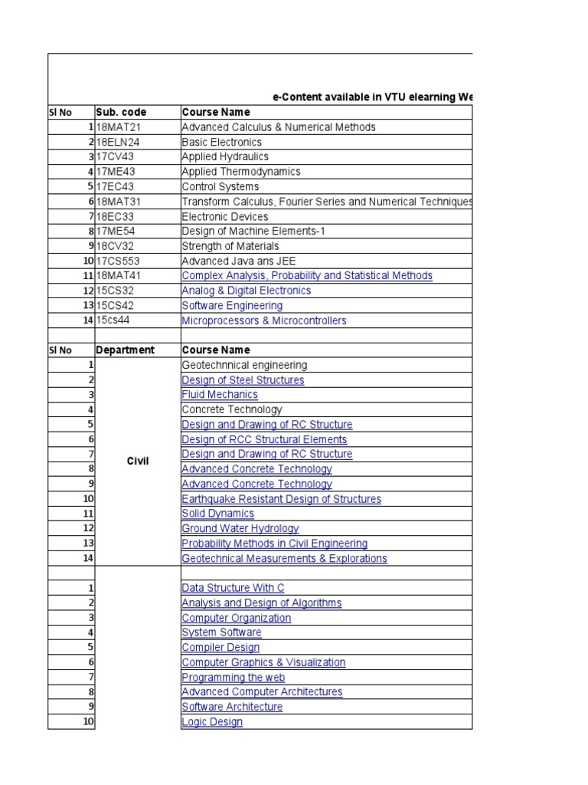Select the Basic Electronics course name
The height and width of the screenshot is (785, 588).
221,142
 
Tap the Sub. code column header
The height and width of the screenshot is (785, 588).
121,112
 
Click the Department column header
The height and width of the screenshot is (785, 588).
125,350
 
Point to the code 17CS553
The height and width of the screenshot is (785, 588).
119,261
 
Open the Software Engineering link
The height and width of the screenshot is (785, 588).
232,306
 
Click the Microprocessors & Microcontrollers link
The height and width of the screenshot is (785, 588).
263,320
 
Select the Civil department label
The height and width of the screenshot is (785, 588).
138,461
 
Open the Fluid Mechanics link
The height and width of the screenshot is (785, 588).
220,395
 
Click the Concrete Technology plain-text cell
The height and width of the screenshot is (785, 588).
231,409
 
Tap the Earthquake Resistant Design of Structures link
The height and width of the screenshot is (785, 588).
281,499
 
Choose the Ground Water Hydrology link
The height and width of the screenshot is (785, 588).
240,529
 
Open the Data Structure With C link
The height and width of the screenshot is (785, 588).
233,588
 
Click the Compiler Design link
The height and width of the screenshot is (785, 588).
220,648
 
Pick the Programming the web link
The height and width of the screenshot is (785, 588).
233,678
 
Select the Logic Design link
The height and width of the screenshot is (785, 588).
212,722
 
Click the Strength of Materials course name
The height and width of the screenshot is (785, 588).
230,247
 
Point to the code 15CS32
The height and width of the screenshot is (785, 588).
116,291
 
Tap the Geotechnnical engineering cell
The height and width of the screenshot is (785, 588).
244,366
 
